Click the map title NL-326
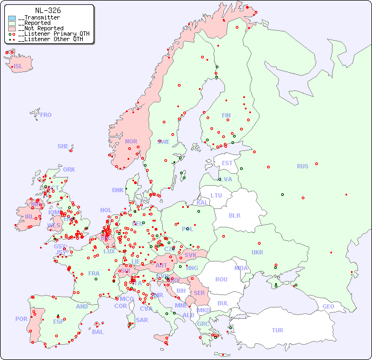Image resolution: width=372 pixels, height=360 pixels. coord(48,10)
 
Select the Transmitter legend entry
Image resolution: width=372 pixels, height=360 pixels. coord(38,18)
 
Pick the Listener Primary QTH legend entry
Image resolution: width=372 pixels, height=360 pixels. coord(50,34)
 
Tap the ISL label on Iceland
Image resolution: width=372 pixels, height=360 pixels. coord(18,67)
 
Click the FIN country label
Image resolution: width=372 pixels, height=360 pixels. coord(226,115)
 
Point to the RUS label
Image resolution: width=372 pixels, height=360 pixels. coord(302,166)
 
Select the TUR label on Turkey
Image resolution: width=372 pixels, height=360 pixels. coord(277,330)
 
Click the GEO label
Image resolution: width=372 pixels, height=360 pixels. coord(328,306)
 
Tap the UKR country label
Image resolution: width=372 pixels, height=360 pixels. coord(257,252)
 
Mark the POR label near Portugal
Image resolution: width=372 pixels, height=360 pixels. coord(21,319)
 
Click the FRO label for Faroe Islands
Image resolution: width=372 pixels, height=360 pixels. coord(46,115)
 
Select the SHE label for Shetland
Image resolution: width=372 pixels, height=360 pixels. coord(63,146)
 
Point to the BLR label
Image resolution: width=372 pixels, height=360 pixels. coord(234,215)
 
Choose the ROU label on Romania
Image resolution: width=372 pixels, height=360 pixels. coord(221,279)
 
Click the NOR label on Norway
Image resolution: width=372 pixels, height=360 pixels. coord(131,141)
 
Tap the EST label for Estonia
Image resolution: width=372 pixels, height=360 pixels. coord(227,163)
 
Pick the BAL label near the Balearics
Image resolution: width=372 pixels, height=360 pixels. coord(97,332)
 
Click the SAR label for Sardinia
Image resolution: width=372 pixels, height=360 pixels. coord(142,320)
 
